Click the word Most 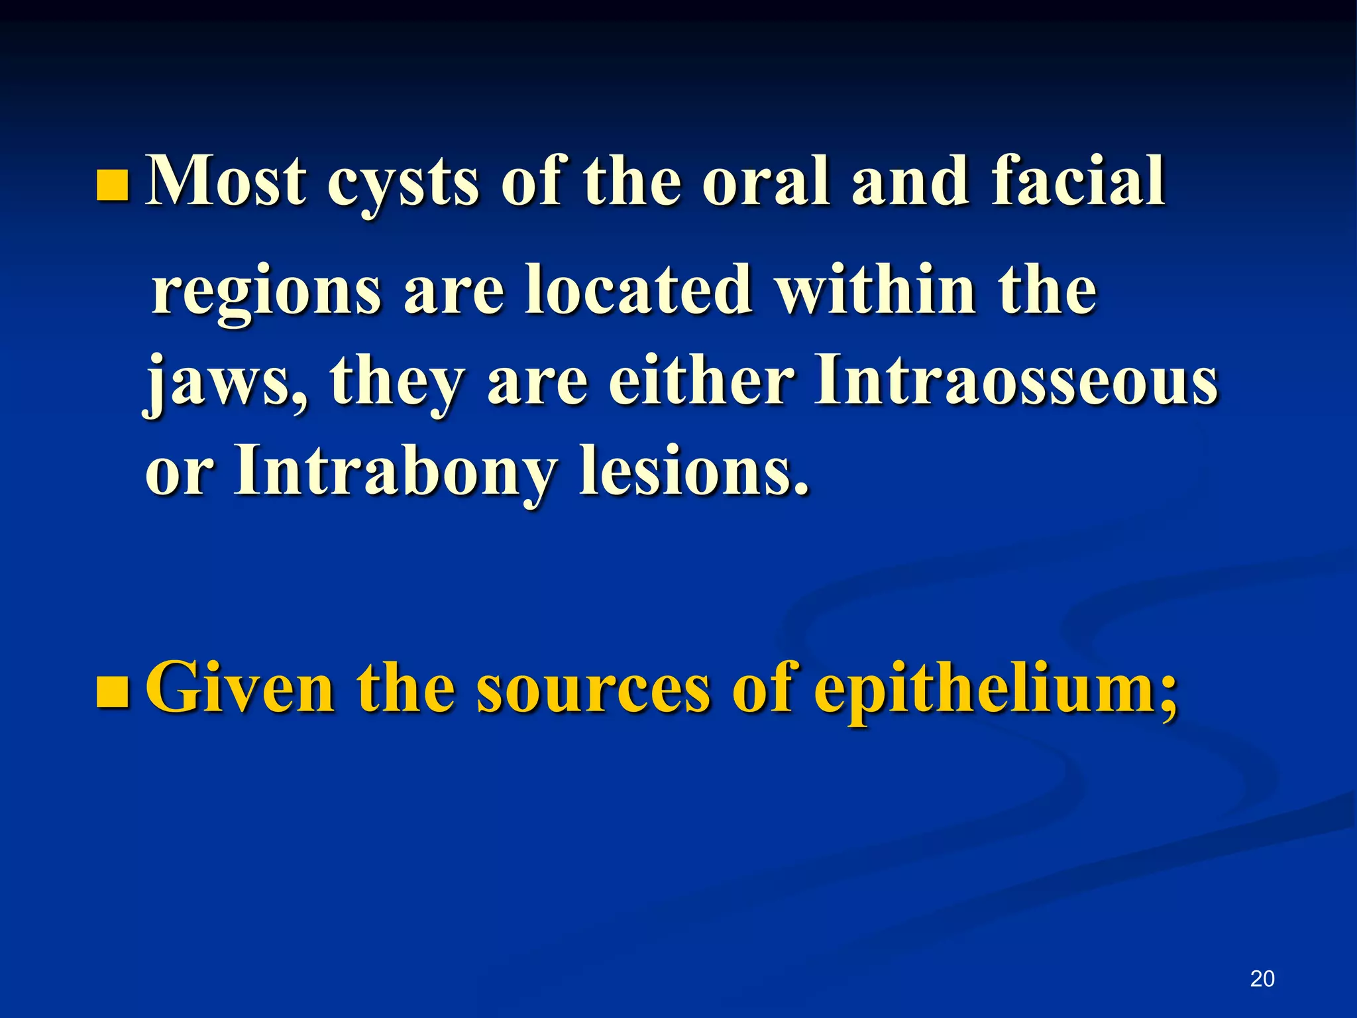pos(225,180)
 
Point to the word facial pos(1078,180)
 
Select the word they pos(396,384)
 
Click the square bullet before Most pos(111,185)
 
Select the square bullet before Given pos(111,693)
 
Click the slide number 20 pos(1262,978)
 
